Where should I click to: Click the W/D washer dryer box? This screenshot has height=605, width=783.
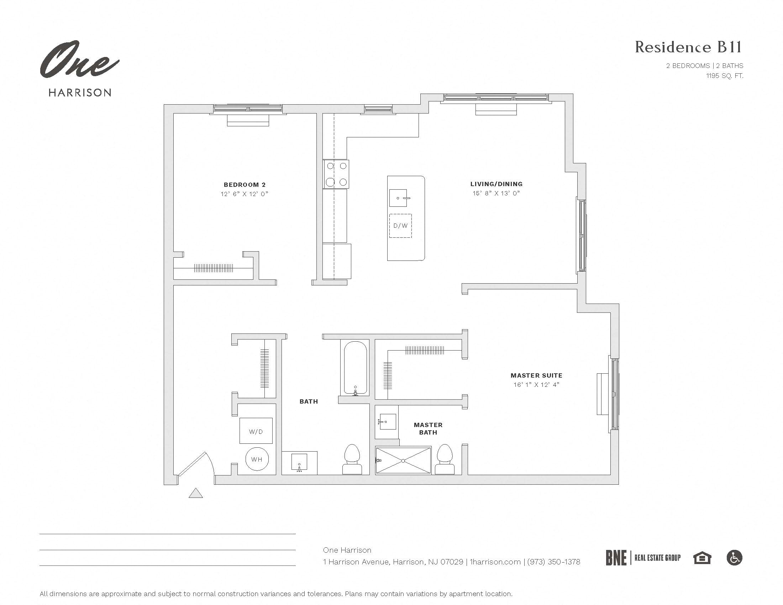[x=256, y=431]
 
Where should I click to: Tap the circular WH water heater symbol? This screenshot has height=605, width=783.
[x=256, y=459]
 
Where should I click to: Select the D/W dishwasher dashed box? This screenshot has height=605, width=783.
[x=400, y=226]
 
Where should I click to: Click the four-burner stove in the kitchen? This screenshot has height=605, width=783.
[x=336, y=174]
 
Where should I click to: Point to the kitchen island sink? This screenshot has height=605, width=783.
[x=398, y=198]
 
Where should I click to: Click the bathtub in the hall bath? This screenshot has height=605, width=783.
[x=355, y=368]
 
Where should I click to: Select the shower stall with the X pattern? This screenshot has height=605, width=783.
[x=403, y=461]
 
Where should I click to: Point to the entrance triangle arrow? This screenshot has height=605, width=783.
[x=196, y=494]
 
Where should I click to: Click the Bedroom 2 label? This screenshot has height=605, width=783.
[x=245, y=185]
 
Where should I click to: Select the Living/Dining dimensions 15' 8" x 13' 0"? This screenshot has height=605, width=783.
[x=496, y=193]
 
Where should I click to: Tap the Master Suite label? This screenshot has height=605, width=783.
[x=536, y=375]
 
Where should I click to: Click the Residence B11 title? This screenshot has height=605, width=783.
[x=688, y=47]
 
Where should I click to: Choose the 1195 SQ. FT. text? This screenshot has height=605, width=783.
[x=725, y=75]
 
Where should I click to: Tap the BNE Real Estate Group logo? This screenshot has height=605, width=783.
[x=643, y=558]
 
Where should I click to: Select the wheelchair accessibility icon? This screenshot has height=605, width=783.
[x=734, y=558]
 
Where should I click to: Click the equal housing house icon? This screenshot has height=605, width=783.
[x=702, y=558]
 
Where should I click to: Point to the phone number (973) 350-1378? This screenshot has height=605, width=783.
[x=553, y=562]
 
